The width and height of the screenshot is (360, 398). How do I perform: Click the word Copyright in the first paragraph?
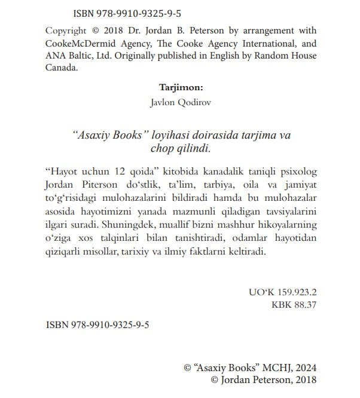click(x=67, y=30)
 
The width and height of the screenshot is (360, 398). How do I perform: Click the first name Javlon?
click(x=164, y=102)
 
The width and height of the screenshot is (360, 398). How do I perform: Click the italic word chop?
click(x=163, y=148)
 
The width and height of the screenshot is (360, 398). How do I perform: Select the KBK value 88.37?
click(x=304, y=305)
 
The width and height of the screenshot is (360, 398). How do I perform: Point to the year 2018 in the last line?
click(x=304, y=380)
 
